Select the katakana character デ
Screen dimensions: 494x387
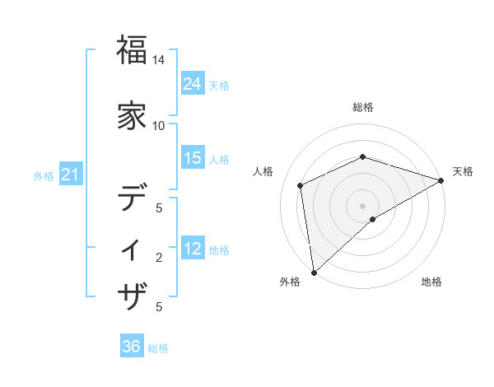coord(133,198)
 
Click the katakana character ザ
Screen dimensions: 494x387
coord(133,295)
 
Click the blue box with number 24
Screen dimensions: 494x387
coord(193,83)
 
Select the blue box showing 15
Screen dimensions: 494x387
coord(193,158)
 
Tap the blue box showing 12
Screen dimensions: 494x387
coord(193,249)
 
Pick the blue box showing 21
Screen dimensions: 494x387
coord(71,175)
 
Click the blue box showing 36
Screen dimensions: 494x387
coord(132,347)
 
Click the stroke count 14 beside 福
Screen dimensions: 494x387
coord(159,60)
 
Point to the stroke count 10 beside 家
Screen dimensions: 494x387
coord(159,125)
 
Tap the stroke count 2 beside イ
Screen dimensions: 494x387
coord(159,258)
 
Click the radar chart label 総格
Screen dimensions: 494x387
coord(363,107)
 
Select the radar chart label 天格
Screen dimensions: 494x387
coord(463,171)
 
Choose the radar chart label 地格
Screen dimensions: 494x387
coord(431,282)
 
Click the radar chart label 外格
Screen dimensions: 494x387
coord(290,282)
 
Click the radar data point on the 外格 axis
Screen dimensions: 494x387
coord(314,273)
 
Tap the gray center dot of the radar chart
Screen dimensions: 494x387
coord(363,206)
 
